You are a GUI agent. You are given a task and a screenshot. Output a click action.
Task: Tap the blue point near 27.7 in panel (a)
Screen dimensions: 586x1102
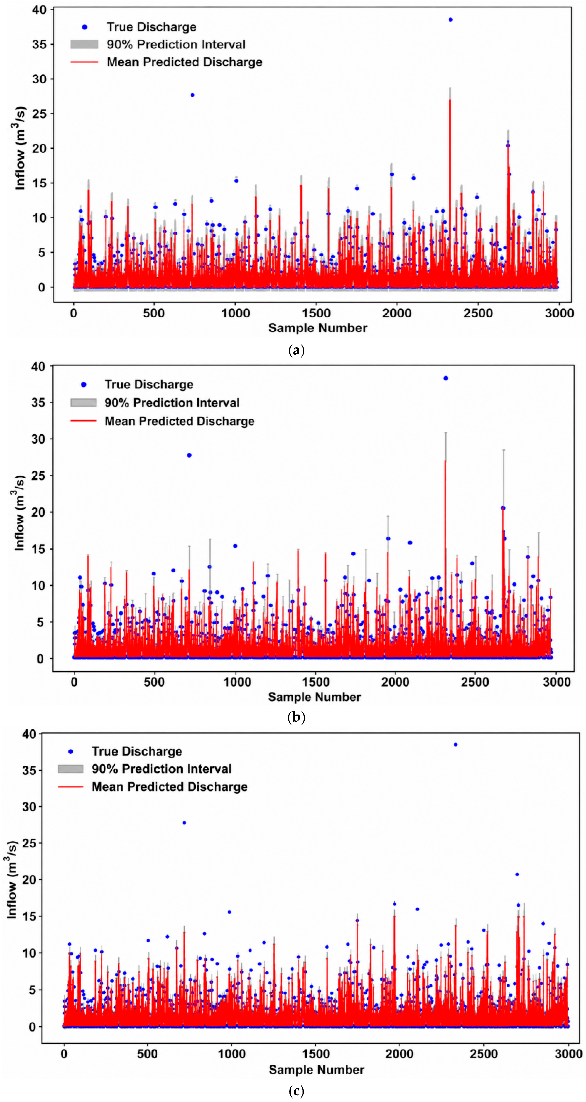193,95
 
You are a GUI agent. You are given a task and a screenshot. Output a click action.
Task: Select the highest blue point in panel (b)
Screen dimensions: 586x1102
446,378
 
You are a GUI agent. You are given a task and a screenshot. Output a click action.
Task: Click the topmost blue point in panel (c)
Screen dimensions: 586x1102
456,744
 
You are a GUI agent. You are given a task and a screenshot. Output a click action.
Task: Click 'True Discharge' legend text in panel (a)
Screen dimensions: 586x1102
151,27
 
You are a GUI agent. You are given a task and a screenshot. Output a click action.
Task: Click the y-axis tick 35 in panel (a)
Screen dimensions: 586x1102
39,44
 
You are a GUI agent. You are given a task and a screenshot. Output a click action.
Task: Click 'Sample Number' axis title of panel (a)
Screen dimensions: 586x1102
317,328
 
